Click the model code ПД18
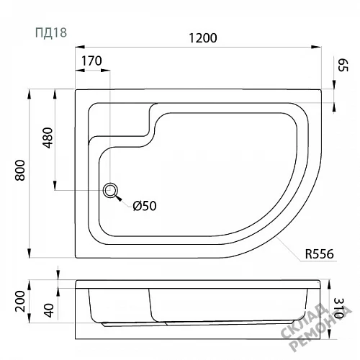pyautogui.click(x=51, y=32)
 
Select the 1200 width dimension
pyautogui.click(x=203, y=38)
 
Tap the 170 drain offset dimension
pyautogui.click(x=91, y=60)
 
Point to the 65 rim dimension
pyautogui.click(x=343, y=65)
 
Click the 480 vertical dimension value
pyautogui.click(x=48, y=138)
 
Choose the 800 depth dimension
pyautogui.click(x=20, y=170)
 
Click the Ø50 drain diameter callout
pyautogui.click(x=145, y=206)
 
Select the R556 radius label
pyautogui.click(x=319, y=254)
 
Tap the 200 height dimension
pyautogui.click(x=20, y=301)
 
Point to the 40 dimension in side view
pyautogui.click(x=49, y=310)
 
